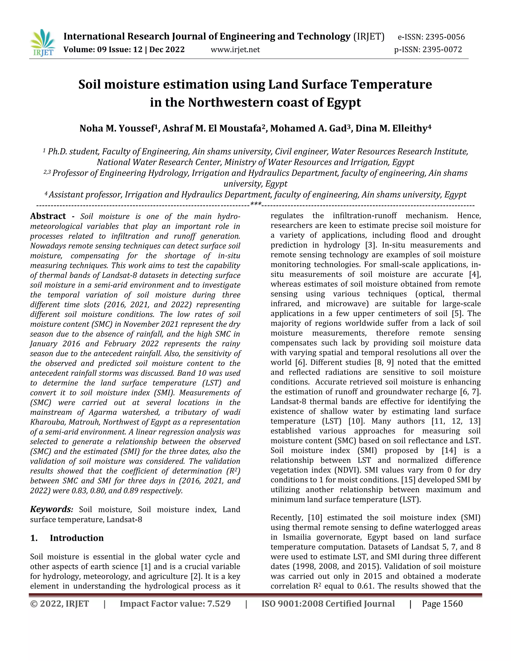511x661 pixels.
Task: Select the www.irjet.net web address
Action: coord(235,50)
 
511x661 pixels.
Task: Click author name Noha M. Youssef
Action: coord(117,129)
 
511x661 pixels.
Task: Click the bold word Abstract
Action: coord(48,216)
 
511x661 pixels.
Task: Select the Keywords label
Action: coord(51,509)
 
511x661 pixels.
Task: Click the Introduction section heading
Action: coord(77,538)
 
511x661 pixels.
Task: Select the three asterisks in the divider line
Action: coord(256,204)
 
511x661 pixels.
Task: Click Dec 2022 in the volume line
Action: coord(167,50)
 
